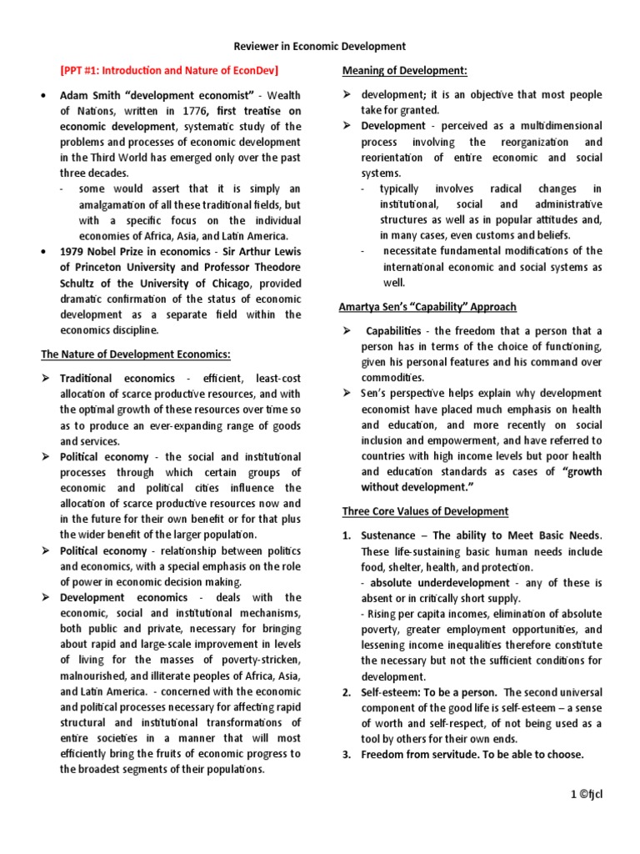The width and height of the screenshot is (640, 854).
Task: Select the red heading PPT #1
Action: [x=170, y=70]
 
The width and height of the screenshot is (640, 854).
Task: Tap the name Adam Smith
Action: [x=91, y=97]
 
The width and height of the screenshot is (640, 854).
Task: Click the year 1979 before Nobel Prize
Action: [x=74, y=252]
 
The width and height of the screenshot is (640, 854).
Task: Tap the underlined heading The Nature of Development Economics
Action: [x=136, y=354]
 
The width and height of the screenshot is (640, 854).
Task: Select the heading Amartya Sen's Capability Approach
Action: [x=427, y=307]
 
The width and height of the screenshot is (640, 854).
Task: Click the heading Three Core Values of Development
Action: [x=425, y=511]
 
